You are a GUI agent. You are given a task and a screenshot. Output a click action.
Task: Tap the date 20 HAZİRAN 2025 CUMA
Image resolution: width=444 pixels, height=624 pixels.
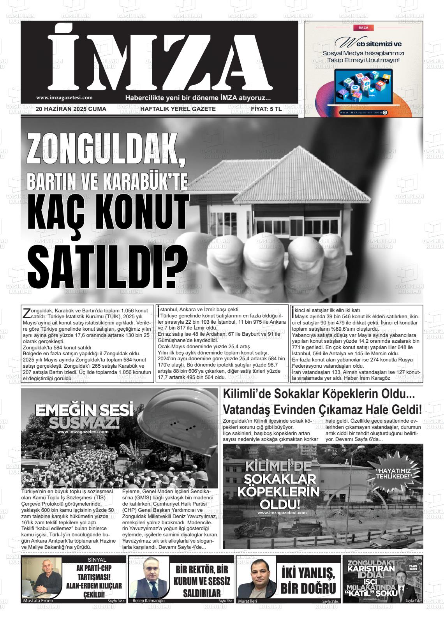[71, 109]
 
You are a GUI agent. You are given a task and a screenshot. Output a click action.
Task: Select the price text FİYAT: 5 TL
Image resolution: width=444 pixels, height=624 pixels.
[266, 109]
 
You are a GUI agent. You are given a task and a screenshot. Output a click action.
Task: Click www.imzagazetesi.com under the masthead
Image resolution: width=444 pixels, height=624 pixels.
[64, 98]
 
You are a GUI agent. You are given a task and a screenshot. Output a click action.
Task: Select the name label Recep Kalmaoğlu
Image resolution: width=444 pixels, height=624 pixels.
[149, 601]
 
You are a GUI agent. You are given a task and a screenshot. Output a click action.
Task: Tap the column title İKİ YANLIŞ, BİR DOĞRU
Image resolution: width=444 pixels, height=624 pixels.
[308, 581]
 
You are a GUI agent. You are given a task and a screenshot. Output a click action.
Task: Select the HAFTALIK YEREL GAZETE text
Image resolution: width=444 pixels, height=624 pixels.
[178, 109]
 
